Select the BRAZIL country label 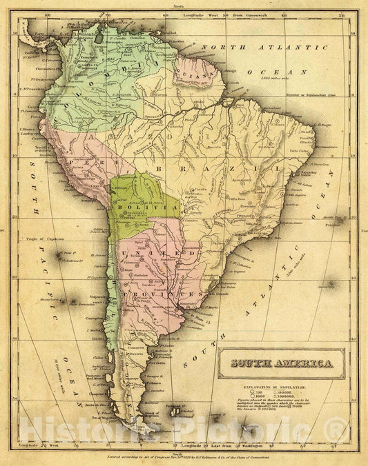tap(181, 168)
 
